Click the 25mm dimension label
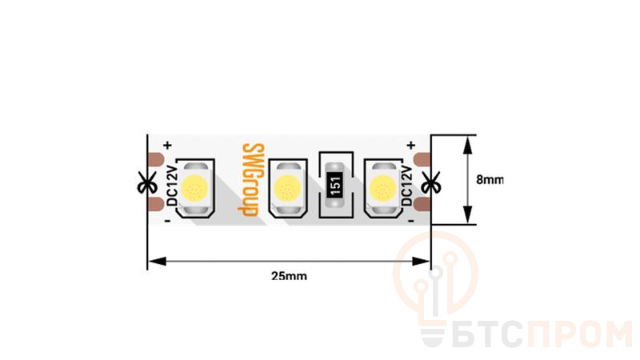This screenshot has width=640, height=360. pyautogui.click(x=289, y=276)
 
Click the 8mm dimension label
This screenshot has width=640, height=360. pyautogui.click(x=490, y=180)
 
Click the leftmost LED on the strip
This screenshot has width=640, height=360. pyautogui.click(x=194, y=189)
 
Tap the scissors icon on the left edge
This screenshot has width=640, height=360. pyautogui.click(x=146, y=182)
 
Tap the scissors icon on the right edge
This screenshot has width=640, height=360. pyautogui.click(x=430, y=182)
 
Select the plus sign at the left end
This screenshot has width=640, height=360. pyautogui.click(x=167, y=145)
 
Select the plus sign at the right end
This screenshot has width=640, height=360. pyautogui.click(x=410, y=145)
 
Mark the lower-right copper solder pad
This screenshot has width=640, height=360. pyautogui.click(x=423, y=206)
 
